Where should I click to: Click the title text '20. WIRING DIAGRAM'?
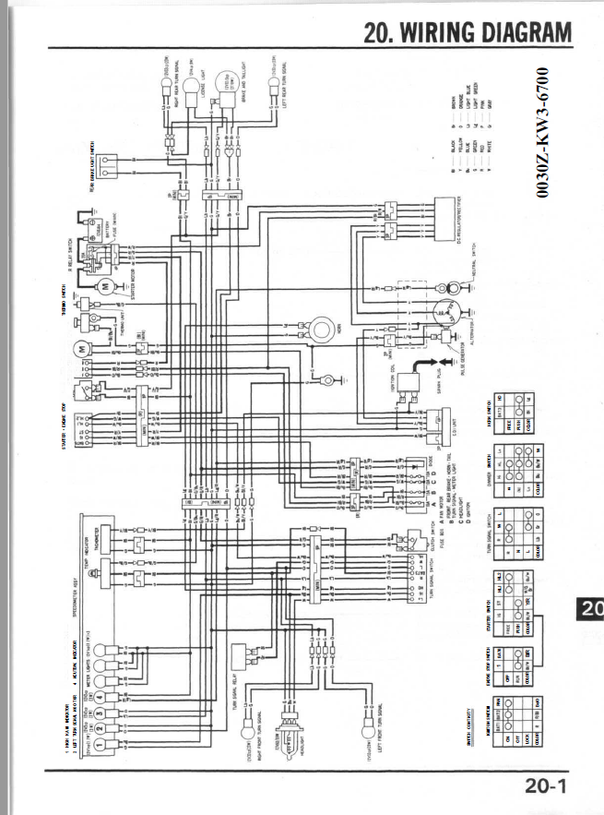click(468, 33)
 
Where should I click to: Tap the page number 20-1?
click(547, 785)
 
